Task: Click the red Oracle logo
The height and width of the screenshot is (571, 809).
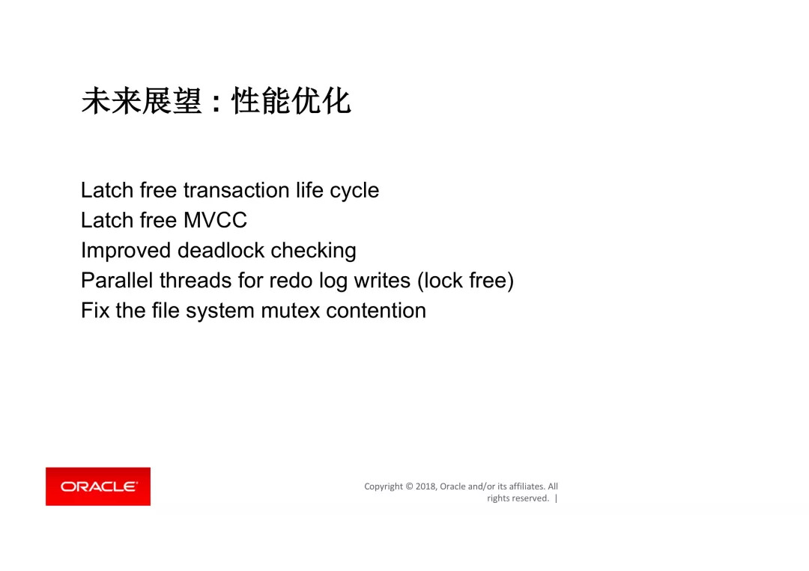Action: tap(98, 486)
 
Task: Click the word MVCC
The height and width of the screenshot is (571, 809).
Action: tap(215, 220)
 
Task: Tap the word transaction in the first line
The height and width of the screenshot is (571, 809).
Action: tap(236, 190)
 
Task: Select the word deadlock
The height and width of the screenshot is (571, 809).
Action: tap(221, 251)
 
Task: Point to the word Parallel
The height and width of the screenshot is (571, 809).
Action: tap(117, 281)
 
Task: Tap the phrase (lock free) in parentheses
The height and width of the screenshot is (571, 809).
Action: tap(465, 281)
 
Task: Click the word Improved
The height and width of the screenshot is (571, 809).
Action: tap(127, 251)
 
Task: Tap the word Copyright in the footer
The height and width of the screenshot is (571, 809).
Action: tap(384, 486)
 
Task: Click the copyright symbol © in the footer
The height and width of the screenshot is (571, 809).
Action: tap(410, 486)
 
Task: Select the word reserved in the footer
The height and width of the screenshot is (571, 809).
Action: tap(531, 498)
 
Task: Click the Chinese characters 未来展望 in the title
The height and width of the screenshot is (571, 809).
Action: tap(142, 101)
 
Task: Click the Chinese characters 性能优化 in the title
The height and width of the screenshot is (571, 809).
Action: tap(291, 101)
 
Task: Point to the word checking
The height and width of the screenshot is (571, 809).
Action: tap(313, 251)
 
